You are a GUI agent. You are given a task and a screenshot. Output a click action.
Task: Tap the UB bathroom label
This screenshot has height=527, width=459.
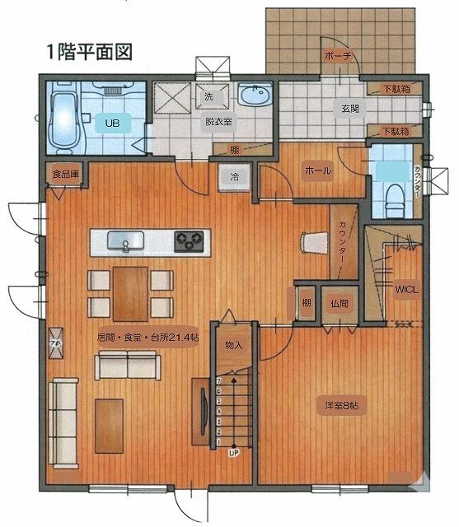[112, 124]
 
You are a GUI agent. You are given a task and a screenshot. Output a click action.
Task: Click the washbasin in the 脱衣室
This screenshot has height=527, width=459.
[253, 96]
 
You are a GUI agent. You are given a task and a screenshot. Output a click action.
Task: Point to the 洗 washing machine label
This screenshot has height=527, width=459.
[208, 96]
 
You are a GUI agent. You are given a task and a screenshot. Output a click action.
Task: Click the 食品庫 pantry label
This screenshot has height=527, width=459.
[63, 175]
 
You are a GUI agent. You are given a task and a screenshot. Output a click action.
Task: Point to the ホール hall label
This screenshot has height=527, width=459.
[318, 171]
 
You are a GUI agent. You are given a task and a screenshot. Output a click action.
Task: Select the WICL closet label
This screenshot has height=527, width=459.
[406, 289]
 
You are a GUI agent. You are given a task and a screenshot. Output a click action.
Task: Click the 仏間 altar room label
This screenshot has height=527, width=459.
[339, 302]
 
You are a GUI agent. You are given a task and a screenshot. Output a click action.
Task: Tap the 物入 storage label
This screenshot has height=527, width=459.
[233, 345]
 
